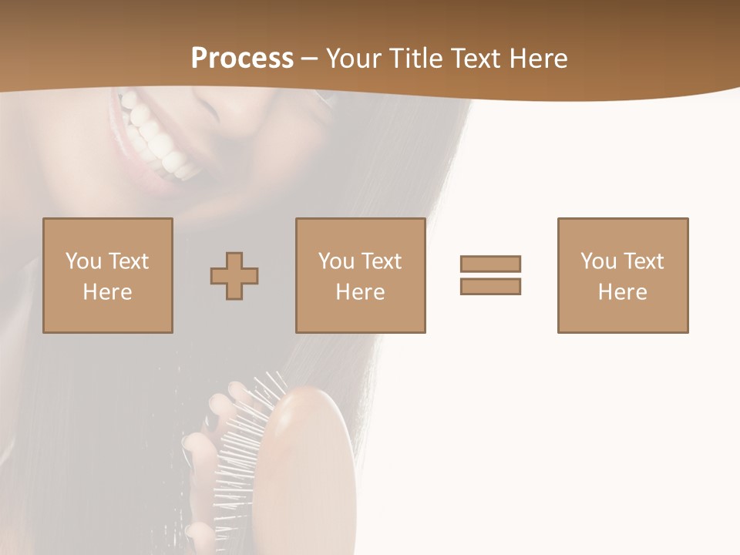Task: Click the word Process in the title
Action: click(242, 59)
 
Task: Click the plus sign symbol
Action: click(234, 276)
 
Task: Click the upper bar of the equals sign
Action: click(490, 264)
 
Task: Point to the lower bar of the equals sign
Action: click(490, 286)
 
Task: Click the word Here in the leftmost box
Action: click(107, 292)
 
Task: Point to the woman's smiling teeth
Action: click(158, 139)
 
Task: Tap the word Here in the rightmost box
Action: click(622, 292)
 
